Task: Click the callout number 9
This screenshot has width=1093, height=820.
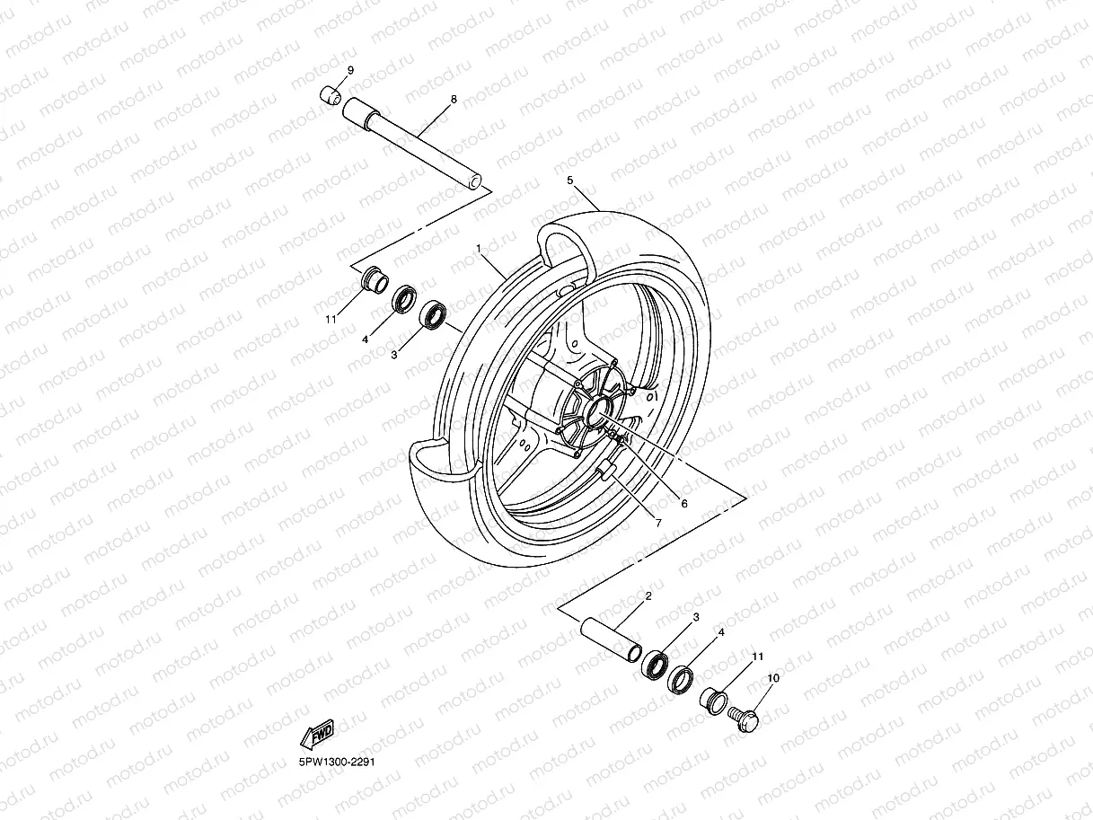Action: coord(350,70)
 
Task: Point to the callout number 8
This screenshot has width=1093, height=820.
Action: coord(454,99)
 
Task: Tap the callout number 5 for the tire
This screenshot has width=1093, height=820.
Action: coord(569,181)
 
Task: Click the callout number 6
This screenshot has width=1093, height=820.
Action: coord(683,504)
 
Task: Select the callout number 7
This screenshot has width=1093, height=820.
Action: coord(658,523)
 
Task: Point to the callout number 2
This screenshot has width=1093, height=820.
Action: coord(648,595)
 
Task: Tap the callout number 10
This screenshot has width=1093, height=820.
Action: coord(773,678)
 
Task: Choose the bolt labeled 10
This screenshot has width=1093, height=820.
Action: coord(744,718)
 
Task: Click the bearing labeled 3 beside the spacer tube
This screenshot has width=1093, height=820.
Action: coord(655,666)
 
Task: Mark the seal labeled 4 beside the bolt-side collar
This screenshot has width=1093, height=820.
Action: coord(683,678)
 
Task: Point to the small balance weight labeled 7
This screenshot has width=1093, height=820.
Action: coord(609,468)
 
